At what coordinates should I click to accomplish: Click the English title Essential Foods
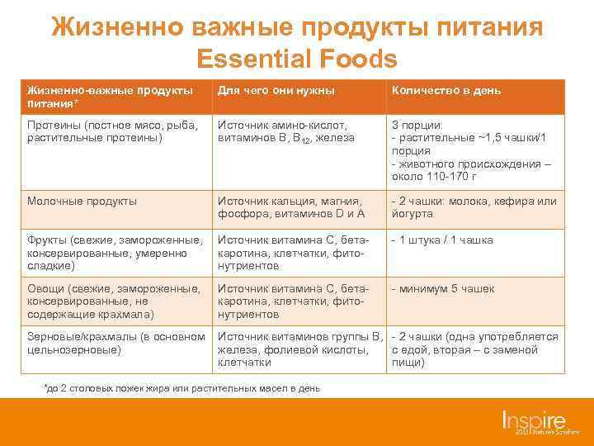[297, 59]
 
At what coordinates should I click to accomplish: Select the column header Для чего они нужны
[276, 90]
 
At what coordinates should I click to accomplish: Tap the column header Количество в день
[445, 90]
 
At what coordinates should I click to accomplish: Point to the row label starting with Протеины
[112, 131]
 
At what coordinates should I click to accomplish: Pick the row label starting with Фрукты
[114, 253]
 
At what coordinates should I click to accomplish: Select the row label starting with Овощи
[113, 301]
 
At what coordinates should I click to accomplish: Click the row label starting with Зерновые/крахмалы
[115, 343]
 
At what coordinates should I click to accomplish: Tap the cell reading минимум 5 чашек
[446, 289]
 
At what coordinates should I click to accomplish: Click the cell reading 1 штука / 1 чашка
[445, 240]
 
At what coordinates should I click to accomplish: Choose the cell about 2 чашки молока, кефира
[474, 207]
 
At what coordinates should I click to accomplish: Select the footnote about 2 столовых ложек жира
[181, 388]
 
